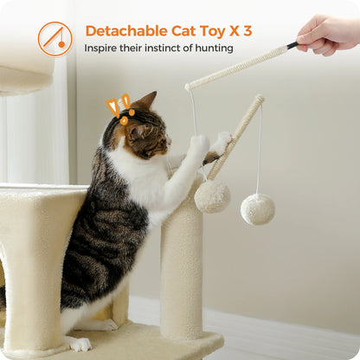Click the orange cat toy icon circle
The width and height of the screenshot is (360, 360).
(x=55, y=39)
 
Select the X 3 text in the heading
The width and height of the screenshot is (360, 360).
(x=241, y=31)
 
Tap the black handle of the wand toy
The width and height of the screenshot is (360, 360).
(x=292, y=45)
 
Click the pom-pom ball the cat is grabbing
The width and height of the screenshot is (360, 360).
(x=212, y=196)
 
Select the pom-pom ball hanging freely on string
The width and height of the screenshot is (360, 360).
(x=257, y=209)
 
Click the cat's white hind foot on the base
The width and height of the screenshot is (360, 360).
(x=80, y=344)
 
